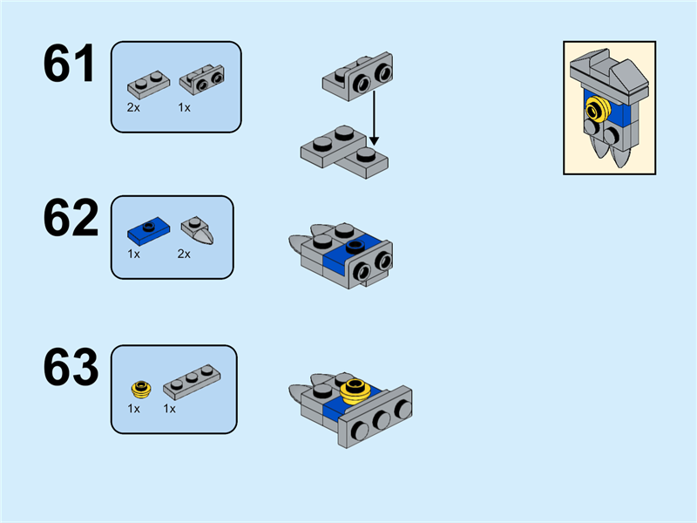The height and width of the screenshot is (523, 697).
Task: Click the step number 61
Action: (70, 65)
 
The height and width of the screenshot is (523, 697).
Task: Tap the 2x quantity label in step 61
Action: (133, 107)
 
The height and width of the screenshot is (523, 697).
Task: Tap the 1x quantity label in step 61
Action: (184, 107)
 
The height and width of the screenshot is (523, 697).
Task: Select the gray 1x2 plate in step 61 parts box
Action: (147, 85)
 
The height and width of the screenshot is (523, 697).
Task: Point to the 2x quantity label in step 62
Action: (184, 255)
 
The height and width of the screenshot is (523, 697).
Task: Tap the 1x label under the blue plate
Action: (133, 255)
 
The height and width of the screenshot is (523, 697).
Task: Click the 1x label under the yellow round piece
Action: (133, 408)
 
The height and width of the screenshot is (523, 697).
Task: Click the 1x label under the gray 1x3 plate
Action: (169, 408)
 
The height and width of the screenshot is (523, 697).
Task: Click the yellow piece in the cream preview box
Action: (597, 111)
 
